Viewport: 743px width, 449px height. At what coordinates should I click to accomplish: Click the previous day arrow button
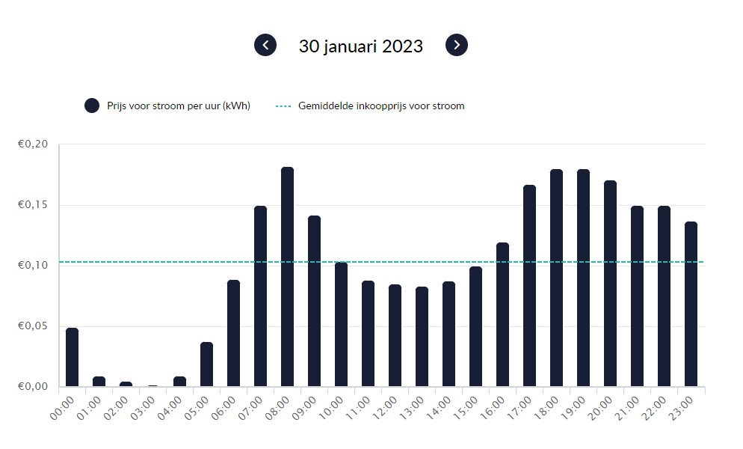[265, 45]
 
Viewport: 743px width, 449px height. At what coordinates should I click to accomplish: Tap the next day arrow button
[457, 45]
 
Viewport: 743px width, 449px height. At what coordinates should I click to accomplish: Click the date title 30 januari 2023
[361, 46]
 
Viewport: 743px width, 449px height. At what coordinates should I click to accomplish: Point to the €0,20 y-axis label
[33, 144]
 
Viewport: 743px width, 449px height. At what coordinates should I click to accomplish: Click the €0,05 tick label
[33, 326]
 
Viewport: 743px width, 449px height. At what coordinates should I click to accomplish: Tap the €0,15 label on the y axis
[33, 205]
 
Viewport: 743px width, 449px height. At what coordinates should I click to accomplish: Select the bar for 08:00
[287, 277]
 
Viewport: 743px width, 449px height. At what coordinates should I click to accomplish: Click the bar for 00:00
[72, 358]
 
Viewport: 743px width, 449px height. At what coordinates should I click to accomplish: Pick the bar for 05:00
[206, 364]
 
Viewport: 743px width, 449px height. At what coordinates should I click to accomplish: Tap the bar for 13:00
[422, 337]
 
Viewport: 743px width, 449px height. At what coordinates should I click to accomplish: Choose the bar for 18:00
[556, 278]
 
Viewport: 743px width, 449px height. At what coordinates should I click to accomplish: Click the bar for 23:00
[691, 305]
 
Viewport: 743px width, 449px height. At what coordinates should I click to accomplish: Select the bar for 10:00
[341, 324]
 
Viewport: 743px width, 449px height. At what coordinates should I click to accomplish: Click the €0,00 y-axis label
[33, 387]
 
